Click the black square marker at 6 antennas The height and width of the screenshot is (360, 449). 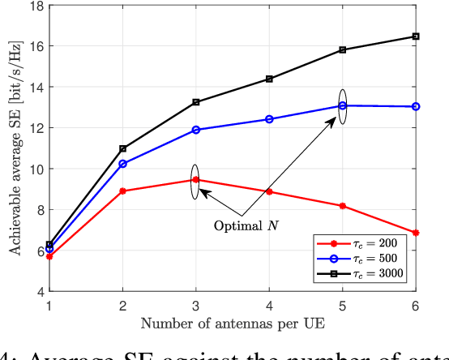coord(416,36)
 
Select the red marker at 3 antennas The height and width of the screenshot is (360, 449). coord(195,180)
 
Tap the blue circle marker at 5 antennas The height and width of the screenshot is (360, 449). coord(342,105)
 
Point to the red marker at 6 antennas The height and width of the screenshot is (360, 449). coord(416,233)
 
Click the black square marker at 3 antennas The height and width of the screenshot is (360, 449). coord(195,102)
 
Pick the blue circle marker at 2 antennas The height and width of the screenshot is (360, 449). coord(122,164)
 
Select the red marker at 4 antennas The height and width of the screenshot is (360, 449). coord(269,192)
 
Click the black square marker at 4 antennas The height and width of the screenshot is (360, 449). coord(269,79)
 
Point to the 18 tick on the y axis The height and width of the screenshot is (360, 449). coord(36,6)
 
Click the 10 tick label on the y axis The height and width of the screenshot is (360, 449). coord(36,169)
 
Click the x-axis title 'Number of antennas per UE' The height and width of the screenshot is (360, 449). coord(232,324)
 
